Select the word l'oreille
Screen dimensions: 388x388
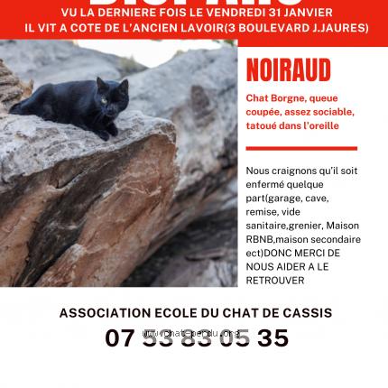tap(317, 125)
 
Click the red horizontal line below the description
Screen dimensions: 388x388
tap(301, 148)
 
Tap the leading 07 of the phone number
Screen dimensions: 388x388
tap(118, 338)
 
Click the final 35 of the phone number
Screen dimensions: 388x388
tap(273, 338)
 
